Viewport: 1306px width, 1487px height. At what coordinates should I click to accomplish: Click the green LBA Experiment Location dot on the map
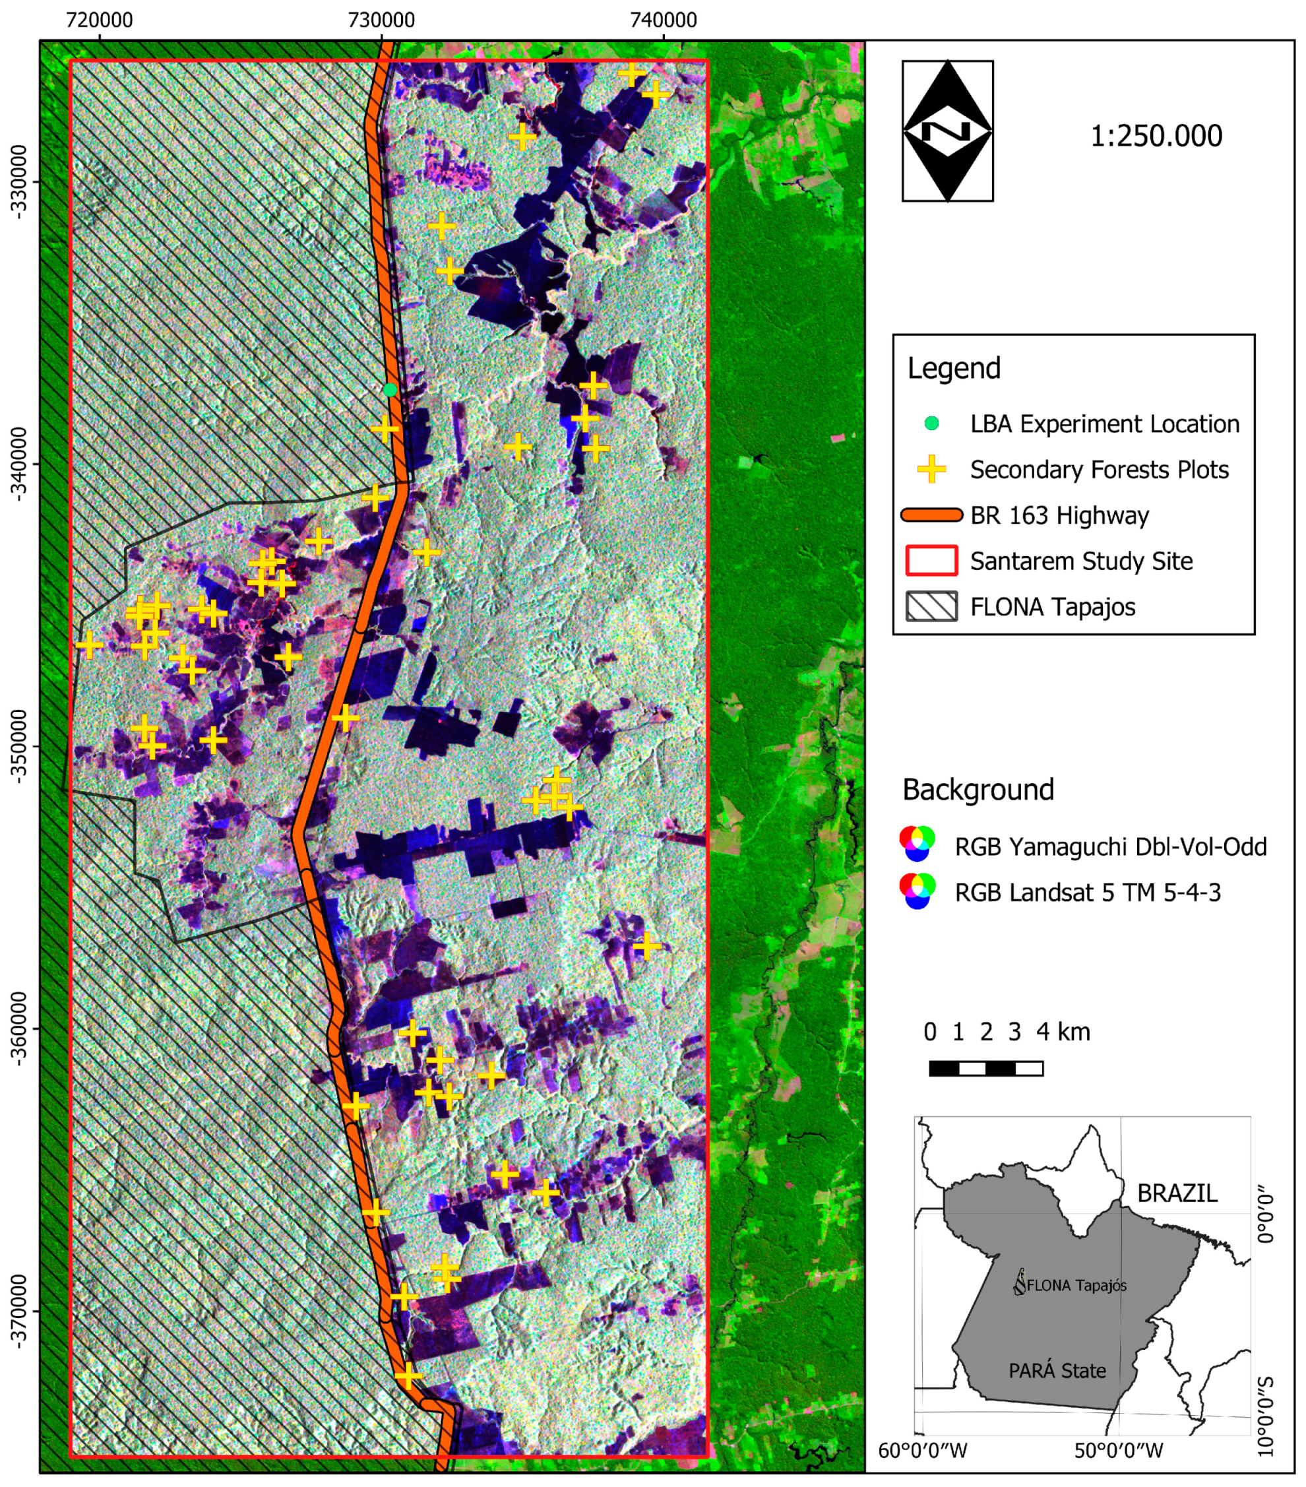[390, 389]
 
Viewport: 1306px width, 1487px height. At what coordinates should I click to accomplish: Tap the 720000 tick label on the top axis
[100, 20]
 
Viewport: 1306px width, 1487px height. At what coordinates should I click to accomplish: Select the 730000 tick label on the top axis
[381, 20]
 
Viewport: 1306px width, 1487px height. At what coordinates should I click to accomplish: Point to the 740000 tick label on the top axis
[663, 20]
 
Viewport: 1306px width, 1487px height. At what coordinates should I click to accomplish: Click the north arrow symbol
[947, 131]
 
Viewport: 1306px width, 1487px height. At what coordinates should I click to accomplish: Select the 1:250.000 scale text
[1156, 136]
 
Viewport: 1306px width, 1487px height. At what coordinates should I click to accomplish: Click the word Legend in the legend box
[953, 368]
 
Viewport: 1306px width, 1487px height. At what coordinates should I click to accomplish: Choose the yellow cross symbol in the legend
[931, 469]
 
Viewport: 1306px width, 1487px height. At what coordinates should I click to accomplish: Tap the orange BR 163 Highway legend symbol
[931, 515]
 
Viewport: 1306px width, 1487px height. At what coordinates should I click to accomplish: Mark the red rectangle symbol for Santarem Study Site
[931, 561]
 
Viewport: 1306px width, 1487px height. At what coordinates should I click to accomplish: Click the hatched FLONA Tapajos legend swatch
[931, 606]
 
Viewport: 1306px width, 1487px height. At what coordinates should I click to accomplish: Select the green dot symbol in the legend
[931, 424]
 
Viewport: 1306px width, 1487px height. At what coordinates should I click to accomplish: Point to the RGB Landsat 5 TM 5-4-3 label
[1087, 893]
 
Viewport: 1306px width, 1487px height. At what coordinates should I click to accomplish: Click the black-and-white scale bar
[986, 1068]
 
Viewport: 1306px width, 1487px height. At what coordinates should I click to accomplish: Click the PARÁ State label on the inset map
[1057, 1371]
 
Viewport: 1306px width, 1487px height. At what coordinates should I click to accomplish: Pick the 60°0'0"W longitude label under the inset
[922, 1450]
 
